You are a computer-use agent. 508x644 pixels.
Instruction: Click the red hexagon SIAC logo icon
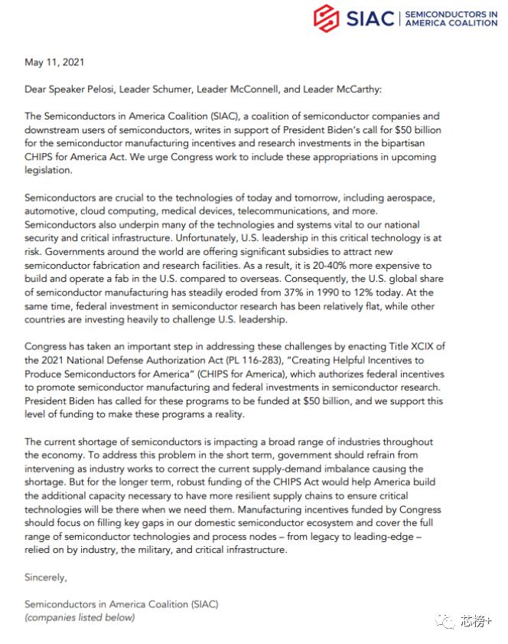pyautogui.click(x=327, y=17)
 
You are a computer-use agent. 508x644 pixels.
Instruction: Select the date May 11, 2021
pyautogui.click(x=54, y=62)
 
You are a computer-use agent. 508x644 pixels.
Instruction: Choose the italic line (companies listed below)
pyautogui.click(x=80, y=617)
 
